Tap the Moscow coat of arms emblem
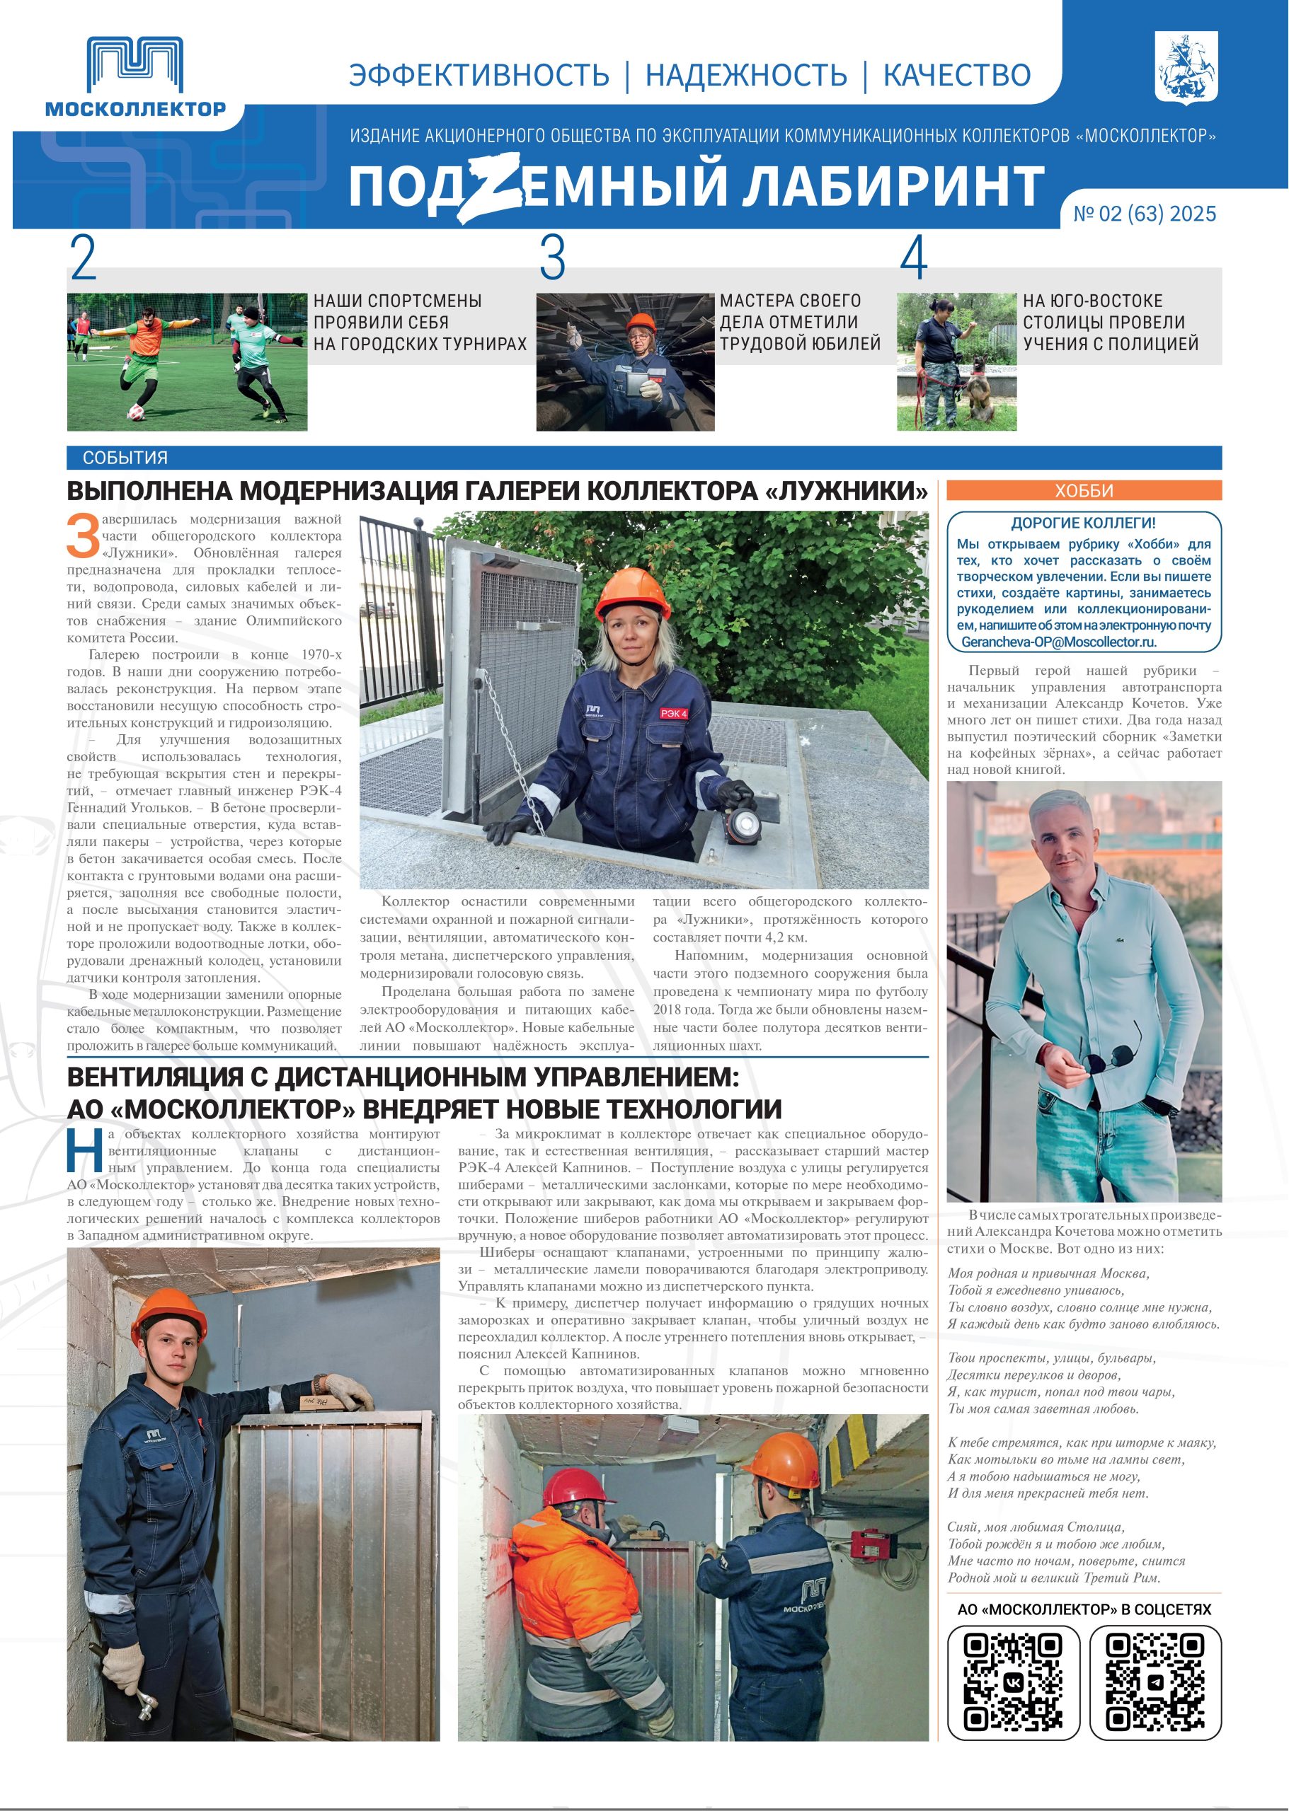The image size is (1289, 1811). (1186, 69)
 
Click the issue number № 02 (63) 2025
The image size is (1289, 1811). (1145, 214)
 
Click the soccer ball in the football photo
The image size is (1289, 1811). (138, 412)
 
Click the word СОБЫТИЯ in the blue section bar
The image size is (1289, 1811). (125, 458)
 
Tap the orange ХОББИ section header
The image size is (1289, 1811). (1084, 490)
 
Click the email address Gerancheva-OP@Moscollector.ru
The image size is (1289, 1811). (1059, 642)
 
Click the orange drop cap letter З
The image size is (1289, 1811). (83, 536)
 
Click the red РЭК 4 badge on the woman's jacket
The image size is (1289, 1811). (673, 713)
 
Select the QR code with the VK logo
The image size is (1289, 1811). (1014, 1680)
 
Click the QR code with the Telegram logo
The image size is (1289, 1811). (1155, 1680)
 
